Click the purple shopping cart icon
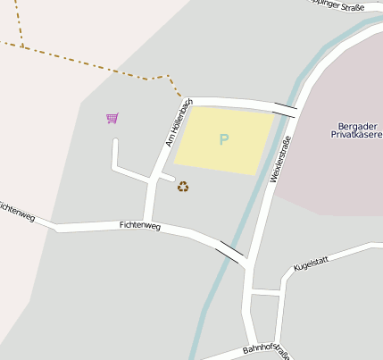(x=112, y=118)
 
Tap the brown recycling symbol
(x=183, y=187)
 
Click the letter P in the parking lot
(x=223, y=139)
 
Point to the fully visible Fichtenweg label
(x=139, y=227)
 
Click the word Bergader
(x=360, y=125)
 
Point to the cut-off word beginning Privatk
(x=357, y=135)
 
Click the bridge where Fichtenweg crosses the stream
(x=229, y=252)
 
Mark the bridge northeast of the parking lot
(x=286, y=109)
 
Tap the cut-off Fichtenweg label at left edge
(x=16, y=212)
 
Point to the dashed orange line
(x=89, y=64)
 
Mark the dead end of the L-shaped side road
(x=114, y=141)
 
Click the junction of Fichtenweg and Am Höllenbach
(x=148, y=222)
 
